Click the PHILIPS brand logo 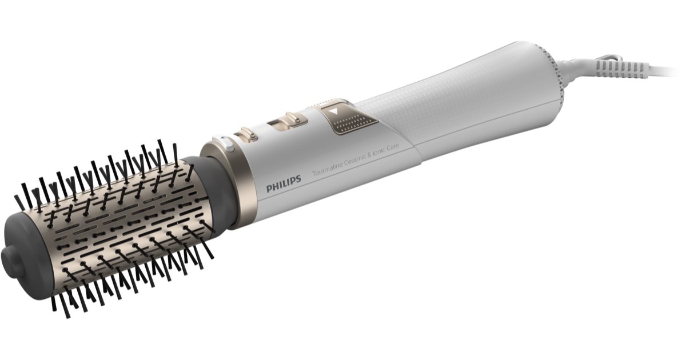tap(283, 187)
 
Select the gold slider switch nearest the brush tap(246, 135)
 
